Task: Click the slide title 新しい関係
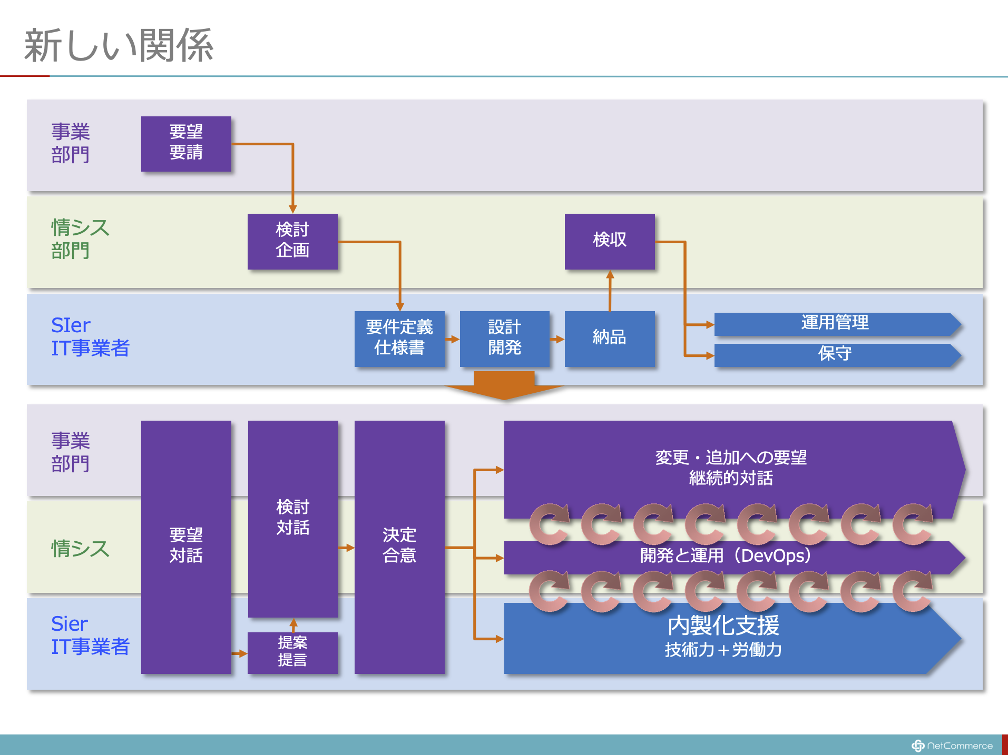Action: [x=119, y=45]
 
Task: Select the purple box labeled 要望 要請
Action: [x=186, y=143]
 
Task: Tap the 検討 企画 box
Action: [x=292, y=241]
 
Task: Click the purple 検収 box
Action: [x=610, y=241]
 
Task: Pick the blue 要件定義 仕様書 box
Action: [x=399, y=338]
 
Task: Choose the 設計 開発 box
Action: [x=504, y=338]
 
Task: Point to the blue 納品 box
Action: [x=610, y=338]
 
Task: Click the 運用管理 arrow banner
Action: [x=835, y=323]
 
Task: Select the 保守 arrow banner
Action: [x=835, y=354]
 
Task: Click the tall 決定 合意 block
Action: [x=399, y=546]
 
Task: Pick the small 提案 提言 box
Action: [x=292, y=652]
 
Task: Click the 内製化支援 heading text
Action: [x=723, y=626]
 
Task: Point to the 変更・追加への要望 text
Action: [x=731, y=458]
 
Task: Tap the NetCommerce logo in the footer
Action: [x=952, y=746]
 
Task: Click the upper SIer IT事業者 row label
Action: [x=90, y=337]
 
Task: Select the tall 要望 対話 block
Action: [x=186, y=546]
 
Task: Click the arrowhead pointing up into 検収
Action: [x=610, y=274]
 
